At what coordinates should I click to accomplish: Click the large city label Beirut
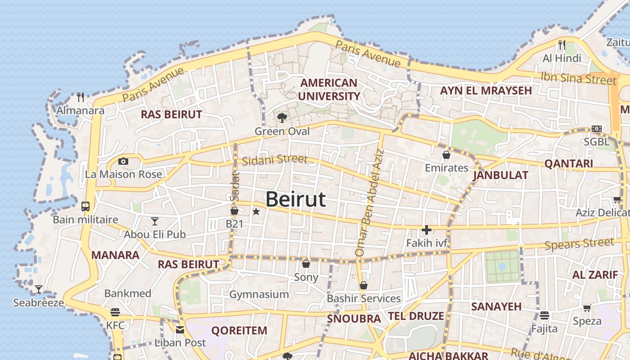[296, 199]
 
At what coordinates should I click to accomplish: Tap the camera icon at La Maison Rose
[123, 161]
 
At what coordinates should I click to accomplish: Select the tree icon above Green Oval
[282, 118]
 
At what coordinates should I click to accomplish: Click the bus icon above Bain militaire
[85, 207]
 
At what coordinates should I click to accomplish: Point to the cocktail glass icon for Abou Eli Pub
[155, 221]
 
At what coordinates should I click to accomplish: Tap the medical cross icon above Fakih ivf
[426, 230]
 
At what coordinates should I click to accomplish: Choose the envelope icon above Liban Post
[180, 330]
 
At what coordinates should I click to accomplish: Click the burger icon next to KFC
[115, 312]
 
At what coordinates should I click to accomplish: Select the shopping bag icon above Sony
[306, 264]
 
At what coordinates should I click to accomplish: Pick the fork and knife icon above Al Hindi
[562, 45]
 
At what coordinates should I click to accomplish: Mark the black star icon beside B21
[256, 211]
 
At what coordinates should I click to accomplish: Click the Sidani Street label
[274, 160]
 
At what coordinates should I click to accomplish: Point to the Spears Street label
[579, 244]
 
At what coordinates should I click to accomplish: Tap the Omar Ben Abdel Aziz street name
[369, 203]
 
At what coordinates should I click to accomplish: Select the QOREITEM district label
[239, 331]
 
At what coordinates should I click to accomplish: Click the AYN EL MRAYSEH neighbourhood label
[486, 90]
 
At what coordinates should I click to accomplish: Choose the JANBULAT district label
[500, 175]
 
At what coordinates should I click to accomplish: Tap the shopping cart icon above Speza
[587, 308]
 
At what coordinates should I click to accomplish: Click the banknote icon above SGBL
[597, 129]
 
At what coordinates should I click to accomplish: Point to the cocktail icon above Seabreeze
[39, 289]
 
